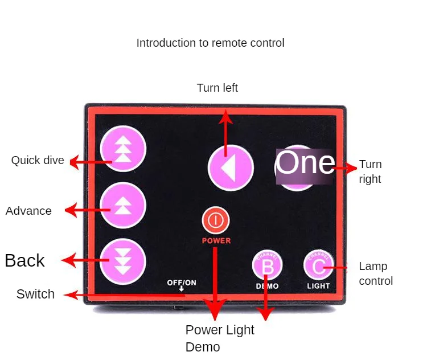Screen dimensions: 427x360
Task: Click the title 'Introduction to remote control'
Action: (x=210, y=43)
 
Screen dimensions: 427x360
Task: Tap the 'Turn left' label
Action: (x=217, y=88)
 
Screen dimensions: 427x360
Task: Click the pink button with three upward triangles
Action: (x=123, y=149)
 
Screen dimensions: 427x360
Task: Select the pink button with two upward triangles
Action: (x=123, y=205)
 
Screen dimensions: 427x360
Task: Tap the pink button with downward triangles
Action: (x=123, y=261)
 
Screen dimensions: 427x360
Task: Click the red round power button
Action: (x=216, y=220)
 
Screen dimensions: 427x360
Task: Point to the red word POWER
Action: (x=216, y=240)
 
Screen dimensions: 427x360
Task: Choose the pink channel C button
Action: (x=318, y=265)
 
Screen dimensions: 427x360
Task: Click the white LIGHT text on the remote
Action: (x=318, y=286)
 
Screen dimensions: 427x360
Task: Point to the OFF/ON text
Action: (x=182, y=283)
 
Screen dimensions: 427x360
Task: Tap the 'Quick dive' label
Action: (x=38, y=160)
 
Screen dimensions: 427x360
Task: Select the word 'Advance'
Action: (x=28, y=211)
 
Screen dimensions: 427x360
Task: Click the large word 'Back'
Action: (x=25, y=260)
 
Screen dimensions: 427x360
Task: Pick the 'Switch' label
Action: (x=35, y=294)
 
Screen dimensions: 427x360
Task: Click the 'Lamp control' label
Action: (x=376, y=273)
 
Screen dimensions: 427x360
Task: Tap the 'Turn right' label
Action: (x=371, y=171)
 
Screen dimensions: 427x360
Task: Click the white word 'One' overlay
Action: (x=305, y=163)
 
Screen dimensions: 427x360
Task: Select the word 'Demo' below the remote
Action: (x=203, y=347)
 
